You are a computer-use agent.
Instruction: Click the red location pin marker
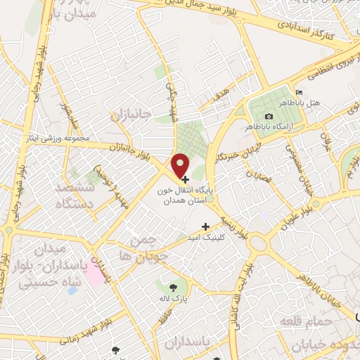click(x=181, y=165)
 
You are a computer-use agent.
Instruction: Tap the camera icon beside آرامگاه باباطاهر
click(x=268, y=116)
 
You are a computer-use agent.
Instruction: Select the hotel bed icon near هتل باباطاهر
click(x=300, y=93)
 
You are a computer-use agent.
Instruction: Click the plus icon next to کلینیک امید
click(x=205, y=226)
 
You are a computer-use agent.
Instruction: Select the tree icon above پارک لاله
click(x=173, y=286)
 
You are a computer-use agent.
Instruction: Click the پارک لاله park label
click(x=173, y=298)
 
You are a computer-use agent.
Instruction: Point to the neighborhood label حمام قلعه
click(x=304, y=321)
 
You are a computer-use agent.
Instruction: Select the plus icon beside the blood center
click(x=185, y=179)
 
